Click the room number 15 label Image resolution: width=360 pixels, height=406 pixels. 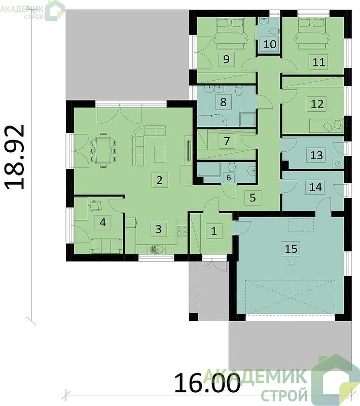coord(291,249)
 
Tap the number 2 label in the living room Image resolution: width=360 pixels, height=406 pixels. coord(159,180)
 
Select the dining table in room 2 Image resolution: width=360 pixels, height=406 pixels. coord(103,150)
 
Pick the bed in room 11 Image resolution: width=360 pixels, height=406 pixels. coord(312,33)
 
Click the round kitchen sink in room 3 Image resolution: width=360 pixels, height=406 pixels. coord(156,249)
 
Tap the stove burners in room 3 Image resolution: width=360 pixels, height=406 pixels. coord(182,231)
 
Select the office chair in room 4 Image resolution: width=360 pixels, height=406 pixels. coord(95,205)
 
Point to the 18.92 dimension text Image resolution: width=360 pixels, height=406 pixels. coord(15,157)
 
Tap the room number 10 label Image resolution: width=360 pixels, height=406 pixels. coord(270,44)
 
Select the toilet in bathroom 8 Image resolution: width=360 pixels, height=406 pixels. coord(239,91)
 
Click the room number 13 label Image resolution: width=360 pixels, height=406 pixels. coord(316,155)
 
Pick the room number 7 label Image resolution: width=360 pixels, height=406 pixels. coord(227,141)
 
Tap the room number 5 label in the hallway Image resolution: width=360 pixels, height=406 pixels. coord(253,197)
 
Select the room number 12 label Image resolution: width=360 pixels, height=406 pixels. coord(317,104)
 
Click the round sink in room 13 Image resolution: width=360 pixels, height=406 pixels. coord(338,163)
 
